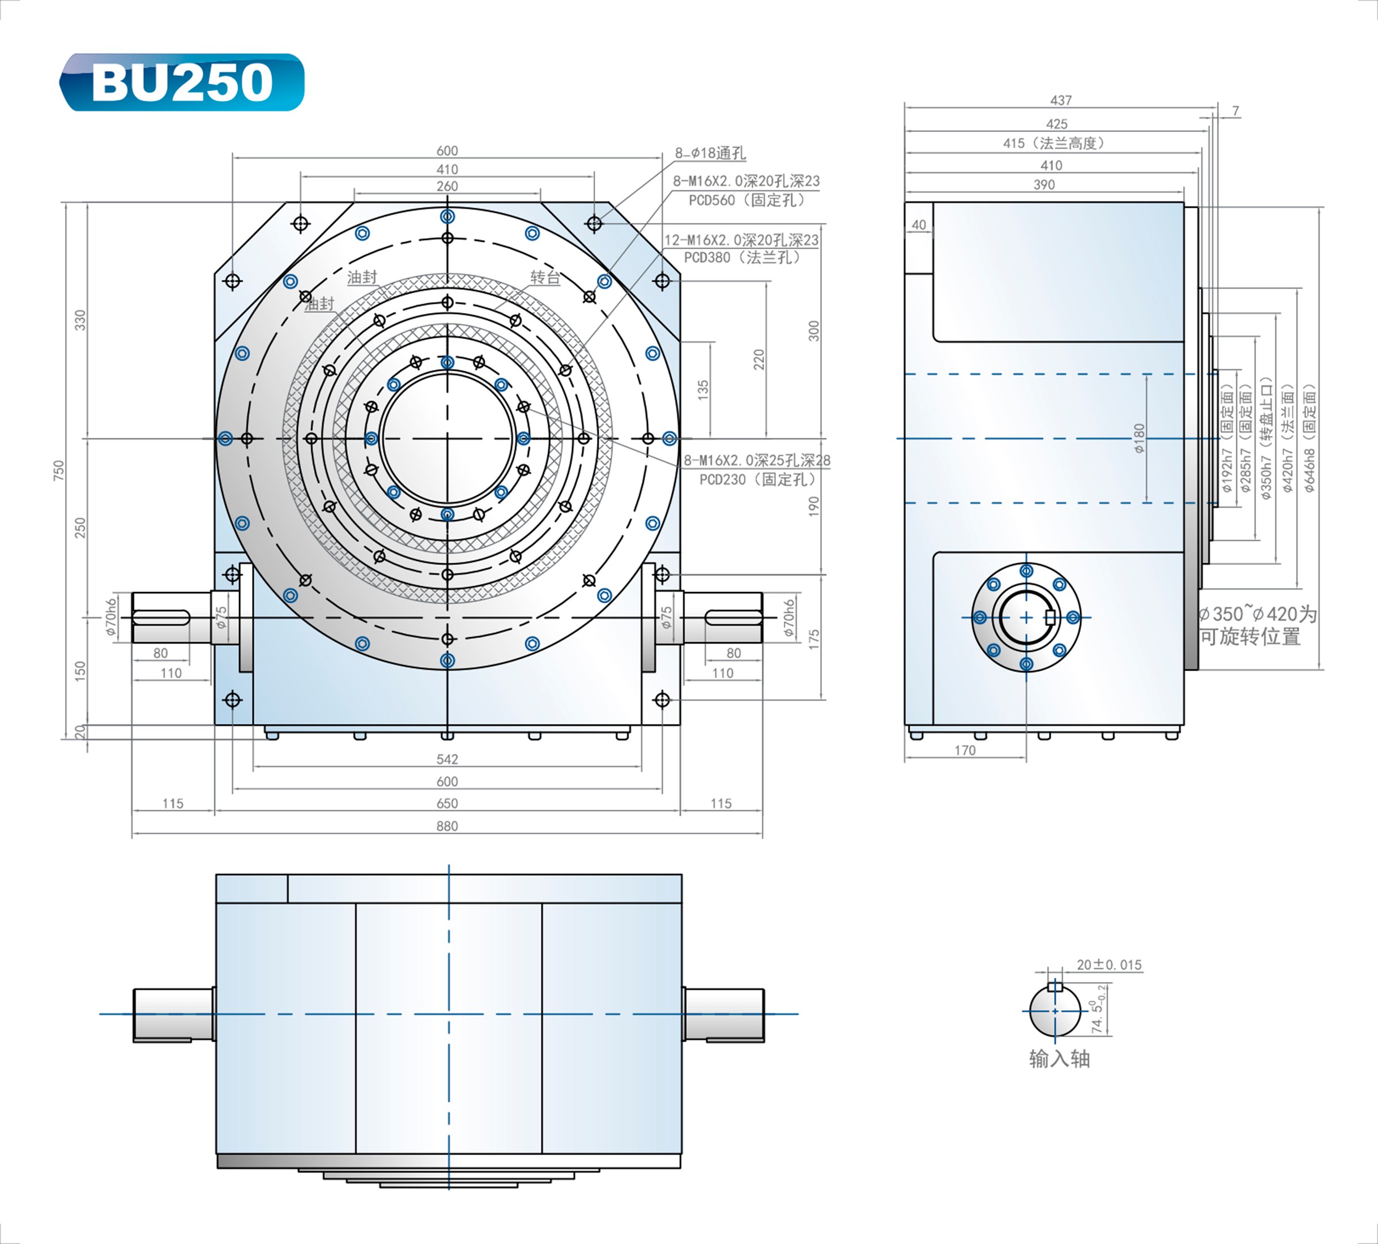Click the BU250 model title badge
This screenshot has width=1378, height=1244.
[x=182, y=82]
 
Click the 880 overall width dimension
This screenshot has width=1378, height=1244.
[x=446, y=826]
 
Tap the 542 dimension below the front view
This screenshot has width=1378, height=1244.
[x=446, y=759]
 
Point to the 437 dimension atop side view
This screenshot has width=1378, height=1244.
[x=1061, y=100]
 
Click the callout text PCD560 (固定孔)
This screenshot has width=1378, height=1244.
[x=746, y=200]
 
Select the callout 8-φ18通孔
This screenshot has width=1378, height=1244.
[x=710, y=153]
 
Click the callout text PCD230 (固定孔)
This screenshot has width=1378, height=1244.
[x=757, y=479]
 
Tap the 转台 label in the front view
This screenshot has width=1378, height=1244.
[x=545, y=277]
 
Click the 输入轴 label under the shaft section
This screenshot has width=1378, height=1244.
[x=1060, y=1059]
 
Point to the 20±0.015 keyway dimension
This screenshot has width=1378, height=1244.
[x=1109, y=964]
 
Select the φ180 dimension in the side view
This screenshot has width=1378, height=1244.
[x=1139, y=438]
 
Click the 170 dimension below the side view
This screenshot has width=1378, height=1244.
[x=965, y=750]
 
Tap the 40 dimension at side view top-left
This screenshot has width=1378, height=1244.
[x=919, y=225]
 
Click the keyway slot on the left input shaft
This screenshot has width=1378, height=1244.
[x=162, y=617]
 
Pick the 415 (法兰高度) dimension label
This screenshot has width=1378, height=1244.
[x=1053, y=143]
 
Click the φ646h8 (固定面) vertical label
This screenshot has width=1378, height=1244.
[x=1309, y=439]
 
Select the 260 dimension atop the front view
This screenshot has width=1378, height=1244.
[x=447, y=186]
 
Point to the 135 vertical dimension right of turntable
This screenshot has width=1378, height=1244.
[x=703, y=389]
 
